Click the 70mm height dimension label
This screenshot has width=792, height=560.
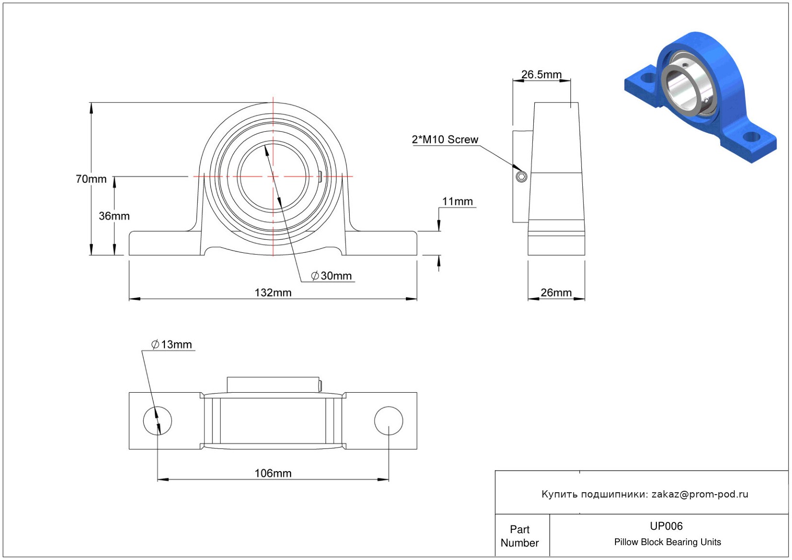pos(91,179)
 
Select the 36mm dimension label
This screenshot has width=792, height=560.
pos(114,216)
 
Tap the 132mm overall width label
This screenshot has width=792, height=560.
pos(273,293)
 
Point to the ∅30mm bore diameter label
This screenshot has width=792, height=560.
pos(332,276)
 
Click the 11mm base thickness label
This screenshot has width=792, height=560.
pos(457,202)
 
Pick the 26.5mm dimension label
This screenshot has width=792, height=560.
pos(541,75)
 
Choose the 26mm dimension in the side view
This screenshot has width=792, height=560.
pos(556,293)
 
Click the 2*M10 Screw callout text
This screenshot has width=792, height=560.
pos(445,140)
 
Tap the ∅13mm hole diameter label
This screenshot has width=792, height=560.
pos(172,345)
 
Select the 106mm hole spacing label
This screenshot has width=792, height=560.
pos(273,473)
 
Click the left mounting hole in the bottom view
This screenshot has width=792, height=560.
pos(157,421)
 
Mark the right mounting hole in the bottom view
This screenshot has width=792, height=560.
pos(389,421)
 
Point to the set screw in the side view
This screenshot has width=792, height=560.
pos(521,177)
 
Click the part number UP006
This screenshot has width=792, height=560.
pos(666,526)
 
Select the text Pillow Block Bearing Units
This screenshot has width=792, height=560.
pos(667,542)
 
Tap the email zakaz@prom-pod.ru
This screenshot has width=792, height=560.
pos(700,494)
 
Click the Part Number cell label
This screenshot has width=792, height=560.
pos(519,536)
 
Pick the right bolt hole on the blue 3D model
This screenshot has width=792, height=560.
pos(751,137)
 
